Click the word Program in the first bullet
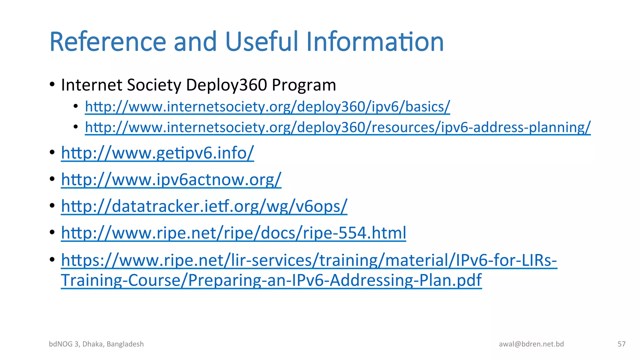(x=304, y=85)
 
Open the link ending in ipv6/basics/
(x=267, y=107)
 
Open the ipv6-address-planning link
(x=337, y=127)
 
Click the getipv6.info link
(x=157, y=153)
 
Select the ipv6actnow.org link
(x=171, y=180)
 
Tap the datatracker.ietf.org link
(x=204, y=206)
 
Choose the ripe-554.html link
(x=233, y=233)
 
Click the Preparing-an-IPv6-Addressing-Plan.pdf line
(x=271, y=280)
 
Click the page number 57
(x=621, y=344)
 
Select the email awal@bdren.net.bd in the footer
(x=531, y=344)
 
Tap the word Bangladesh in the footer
(x=125, y=344)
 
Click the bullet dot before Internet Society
(x=52, y=84)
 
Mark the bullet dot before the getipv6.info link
(x=52, y=152)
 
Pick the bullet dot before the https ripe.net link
(x=52, y=259)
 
